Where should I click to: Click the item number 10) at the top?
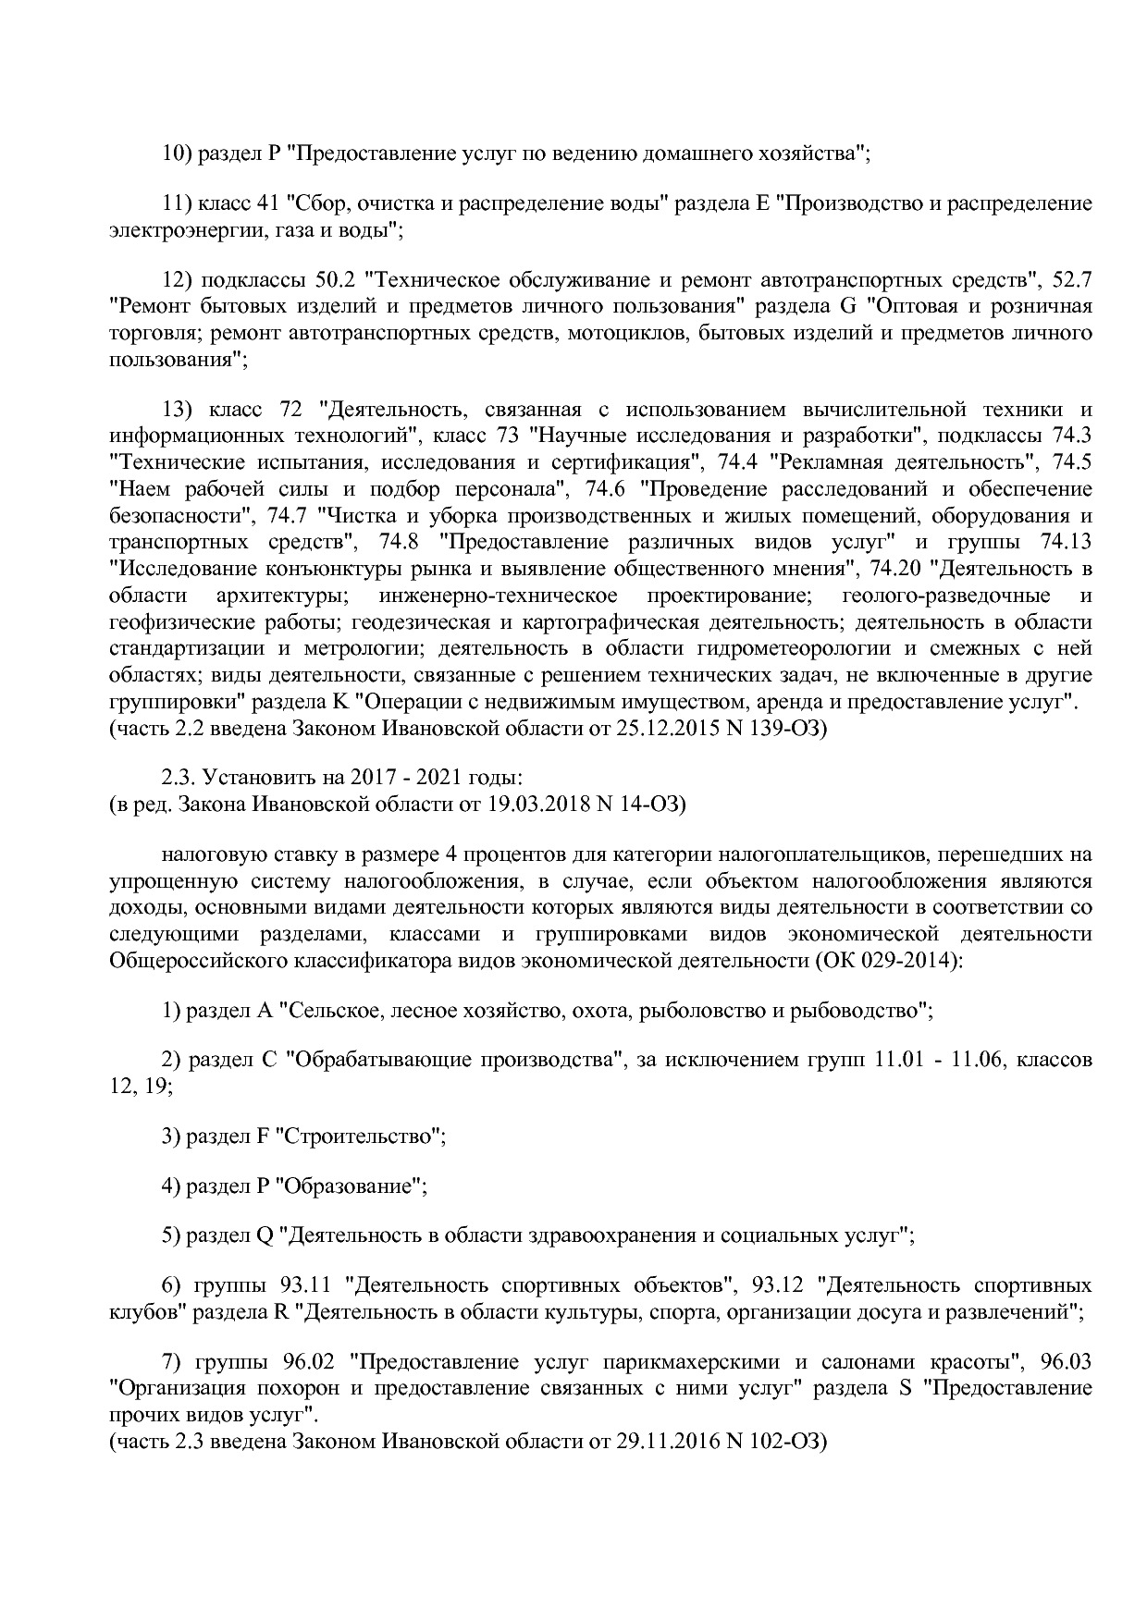pyautogui.click(x=175, y=153)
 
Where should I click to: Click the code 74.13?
pyautogui.click(x=1066, y=541)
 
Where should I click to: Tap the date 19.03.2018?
pyautogui.click(x=537, y=804)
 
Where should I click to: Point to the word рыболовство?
pyautogui.click(x=706, y=1010)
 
